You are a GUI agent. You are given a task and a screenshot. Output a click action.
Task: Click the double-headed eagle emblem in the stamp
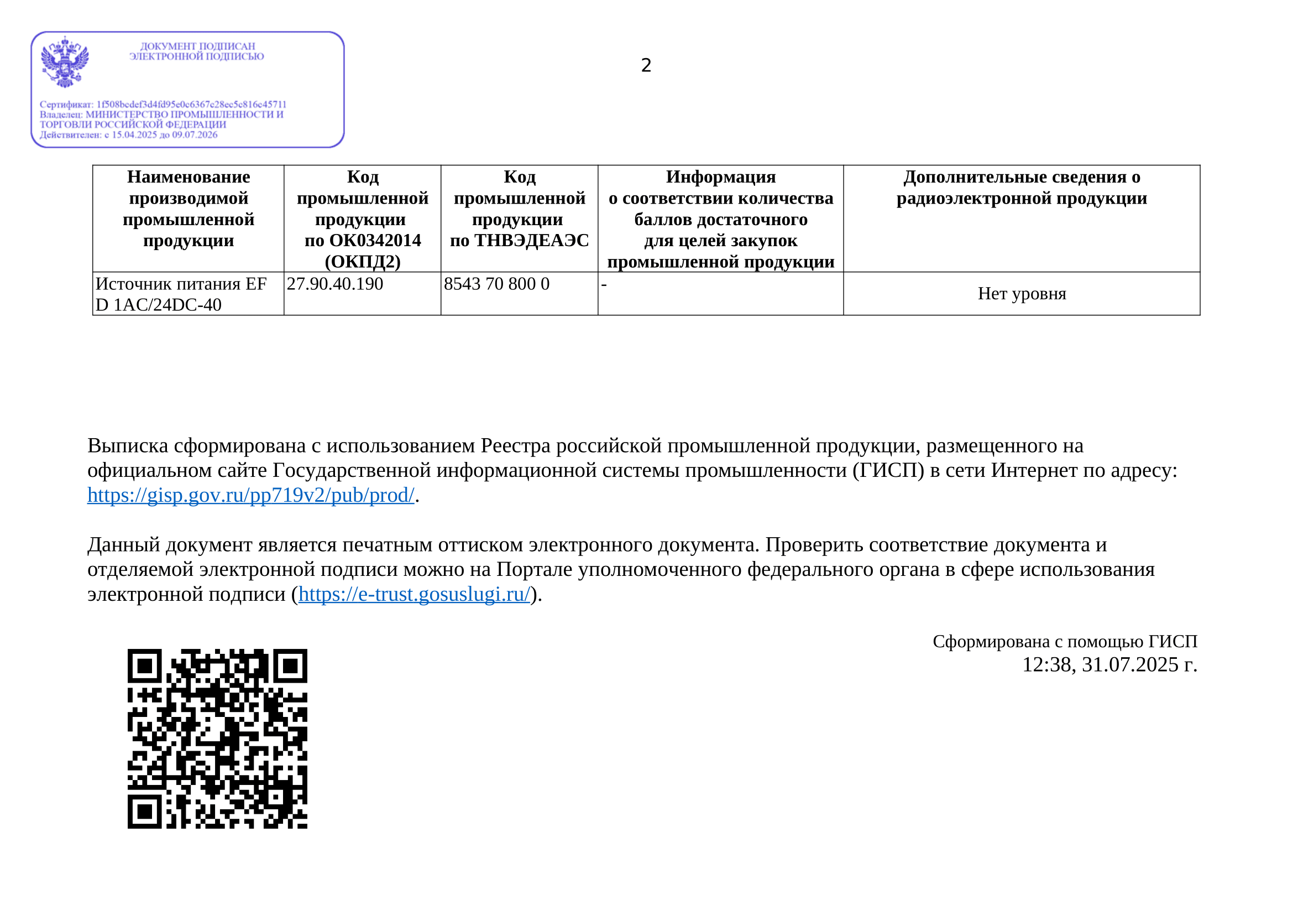coord(65,62)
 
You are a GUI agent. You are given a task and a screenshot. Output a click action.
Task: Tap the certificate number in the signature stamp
coord(191,104)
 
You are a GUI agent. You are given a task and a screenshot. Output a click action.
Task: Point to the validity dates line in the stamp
coord(128,134)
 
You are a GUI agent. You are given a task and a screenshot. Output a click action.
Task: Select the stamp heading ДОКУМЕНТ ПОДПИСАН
coord(197,46)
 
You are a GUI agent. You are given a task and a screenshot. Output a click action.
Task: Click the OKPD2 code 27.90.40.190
coord(334,284)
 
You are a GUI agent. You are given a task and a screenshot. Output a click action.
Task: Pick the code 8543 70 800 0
coord(496,284)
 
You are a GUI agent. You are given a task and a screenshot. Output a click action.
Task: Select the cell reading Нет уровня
coord(1022,294)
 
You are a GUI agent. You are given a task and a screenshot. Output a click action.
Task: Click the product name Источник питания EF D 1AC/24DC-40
coord(181,294)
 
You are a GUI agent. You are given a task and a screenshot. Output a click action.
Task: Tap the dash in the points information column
coord(604,284)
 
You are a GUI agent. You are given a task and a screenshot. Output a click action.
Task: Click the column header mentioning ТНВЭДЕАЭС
coord(519,209)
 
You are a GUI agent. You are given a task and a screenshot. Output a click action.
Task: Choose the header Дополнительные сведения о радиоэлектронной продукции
coord(1022,188)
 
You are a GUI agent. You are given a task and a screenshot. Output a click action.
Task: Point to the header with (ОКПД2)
coord(362,219)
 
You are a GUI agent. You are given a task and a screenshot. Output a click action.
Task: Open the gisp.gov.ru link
coord(250,495)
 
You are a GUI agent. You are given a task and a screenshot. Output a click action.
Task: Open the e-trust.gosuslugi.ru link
coord(414,594)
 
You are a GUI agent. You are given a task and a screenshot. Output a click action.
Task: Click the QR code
coord(217,739)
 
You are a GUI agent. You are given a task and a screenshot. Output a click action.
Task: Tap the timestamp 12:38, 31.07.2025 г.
coord(1109,665)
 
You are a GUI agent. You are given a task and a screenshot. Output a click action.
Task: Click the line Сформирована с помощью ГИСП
coord(1064,641)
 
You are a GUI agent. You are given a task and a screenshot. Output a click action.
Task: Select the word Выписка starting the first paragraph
coord(127,446)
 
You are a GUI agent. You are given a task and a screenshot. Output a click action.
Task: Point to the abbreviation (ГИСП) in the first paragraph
coord(888,470)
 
